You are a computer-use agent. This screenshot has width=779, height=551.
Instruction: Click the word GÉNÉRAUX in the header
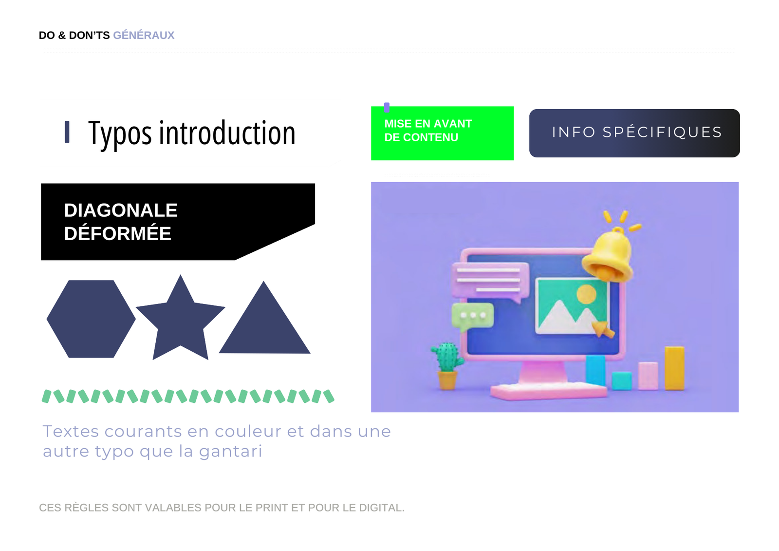coord(144,35)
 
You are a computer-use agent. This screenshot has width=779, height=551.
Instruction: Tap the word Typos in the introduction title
coord(120,133)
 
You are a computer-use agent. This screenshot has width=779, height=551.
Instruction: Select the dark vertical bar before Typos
coord(67,132)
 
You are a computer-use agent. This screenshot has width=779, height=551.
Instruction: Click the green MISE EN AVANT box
coord(443,133)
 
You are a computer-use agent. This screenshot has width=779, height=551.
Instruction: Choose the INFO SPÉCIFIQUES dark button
coord(635,133)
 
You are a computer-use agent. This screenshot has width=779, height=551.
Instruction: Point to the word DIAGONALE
coord(121,210)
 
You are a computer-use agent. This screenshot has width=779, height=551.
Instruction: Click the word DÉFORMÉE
coord(117,233)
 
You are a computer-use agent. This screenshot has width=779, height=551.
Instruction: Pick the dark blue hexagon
coord(91,319)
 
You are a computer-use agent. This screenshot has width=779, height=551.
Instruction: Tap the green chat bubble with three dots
coord(472,317)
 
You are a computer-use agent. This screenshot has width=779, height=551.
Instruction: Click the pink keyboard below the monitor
coord(549,391)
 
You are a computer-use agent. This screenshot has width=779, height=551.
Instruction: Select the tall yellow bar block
coord(675,368)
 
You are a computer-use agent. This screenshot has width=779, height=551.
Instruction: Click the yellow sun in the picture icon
coord(586,294)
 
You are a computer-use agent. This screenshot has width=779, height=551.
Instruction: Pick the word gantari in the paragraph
coord(231,452)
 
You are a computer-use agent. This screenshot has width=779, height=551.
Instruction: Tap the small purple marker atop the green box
coord(387,107)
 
